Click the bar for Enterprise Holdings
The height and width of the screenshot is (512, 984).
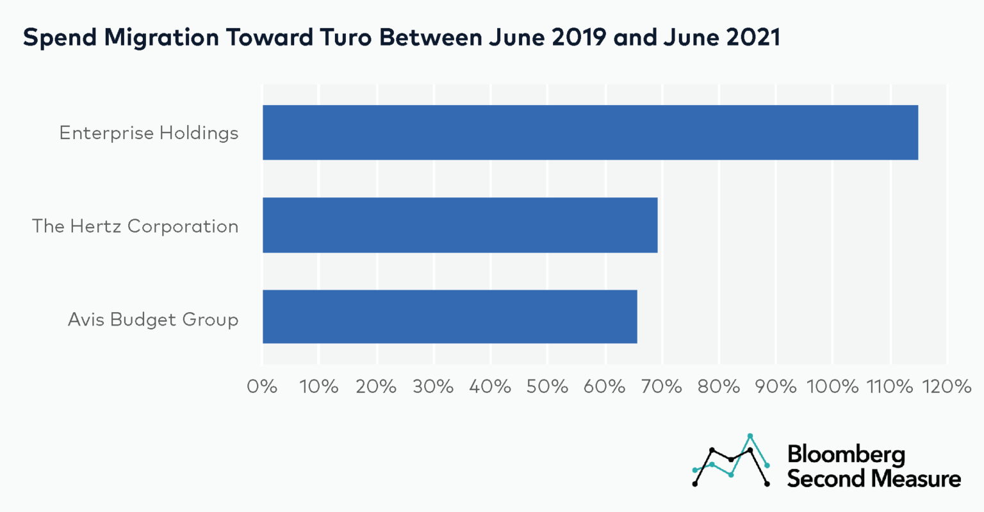click(589, 133)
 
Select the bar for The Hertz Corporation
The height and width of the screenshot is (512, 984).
click(460, 225)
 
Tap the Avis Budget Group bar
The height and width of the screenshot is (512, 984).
click(450, 317)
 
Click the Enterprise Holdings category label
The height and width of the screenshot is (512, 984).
click(149, 133)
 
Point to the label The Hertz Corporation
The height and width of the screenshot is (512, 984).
click(135, 226)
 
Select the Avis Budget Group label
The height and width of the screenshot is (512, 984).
click(153, 319)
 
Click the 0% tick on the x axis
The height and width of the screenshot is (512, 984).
click(262, 386)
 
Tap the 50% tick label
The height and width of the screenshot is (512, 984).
click(547, 386)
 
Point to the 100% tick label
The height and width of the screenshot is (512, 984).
click(832, 386)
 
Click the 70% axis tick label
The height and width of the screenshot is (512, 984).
click(662, 386)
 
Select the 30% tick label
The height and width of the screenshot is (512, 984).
click(434, 386)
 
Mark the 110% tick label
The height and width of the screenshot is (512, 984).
click(889, 386)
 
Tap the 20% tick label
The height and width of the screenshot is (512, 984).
click(376, 386)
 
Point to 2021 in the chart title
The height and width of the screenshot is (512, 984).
click(753, 38)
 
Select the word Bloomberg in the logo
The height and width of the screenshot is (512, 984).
click(846, 454)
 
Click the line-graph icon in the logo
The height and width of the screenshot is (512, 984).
click(731, 460)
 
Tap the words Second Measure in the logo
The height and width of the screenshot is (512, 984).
click(874, 479)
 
